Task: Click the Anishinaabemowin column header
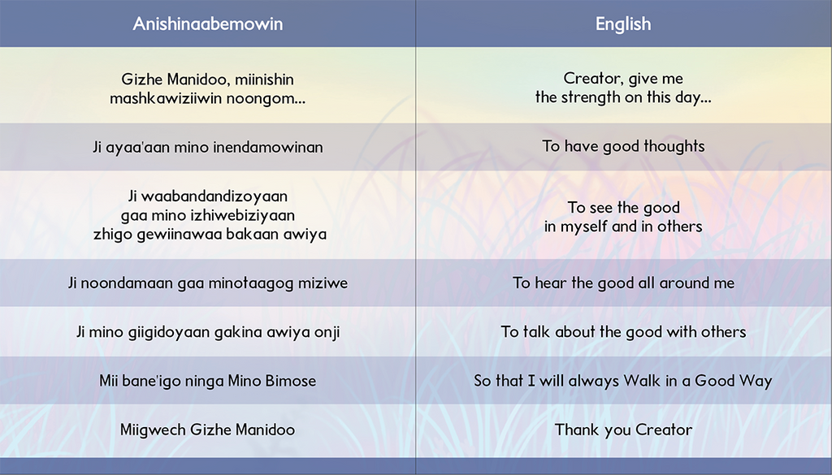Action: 207,24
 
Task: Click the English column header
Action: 623,24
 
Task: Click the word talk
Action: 536,332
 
